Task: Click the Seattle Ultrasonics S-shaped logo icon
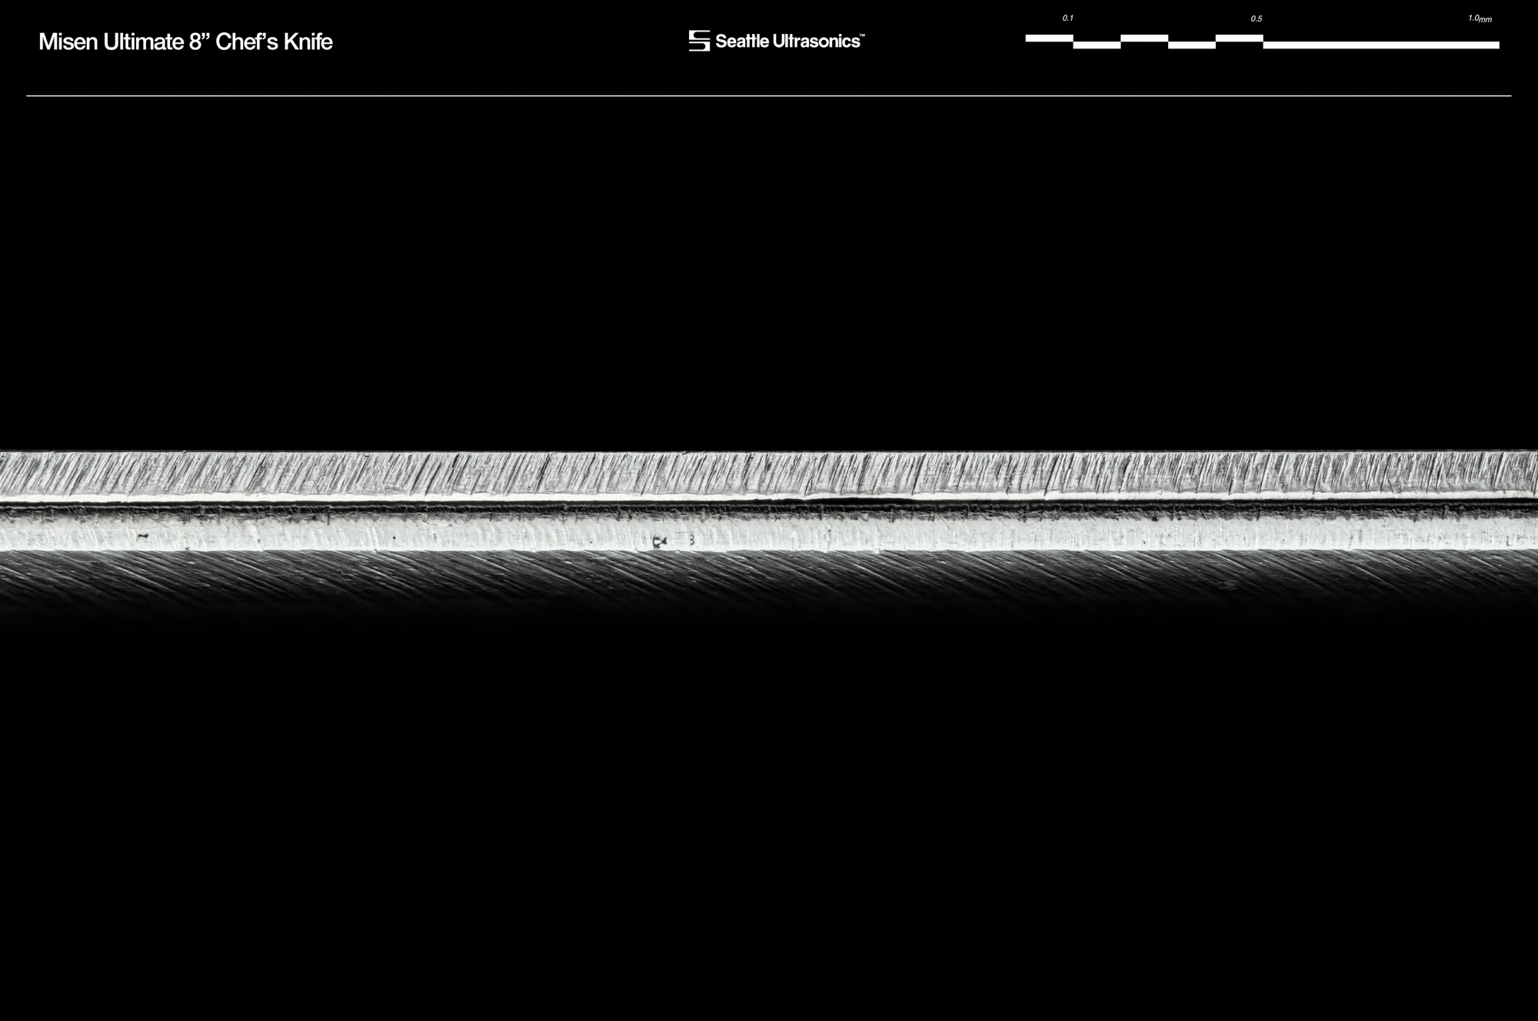point(699,41)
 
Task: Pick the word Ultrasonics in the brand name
point(814,42)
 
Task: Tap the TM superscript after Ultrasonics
point(862,35)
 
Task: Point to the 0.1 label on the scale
point(1067,18)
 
